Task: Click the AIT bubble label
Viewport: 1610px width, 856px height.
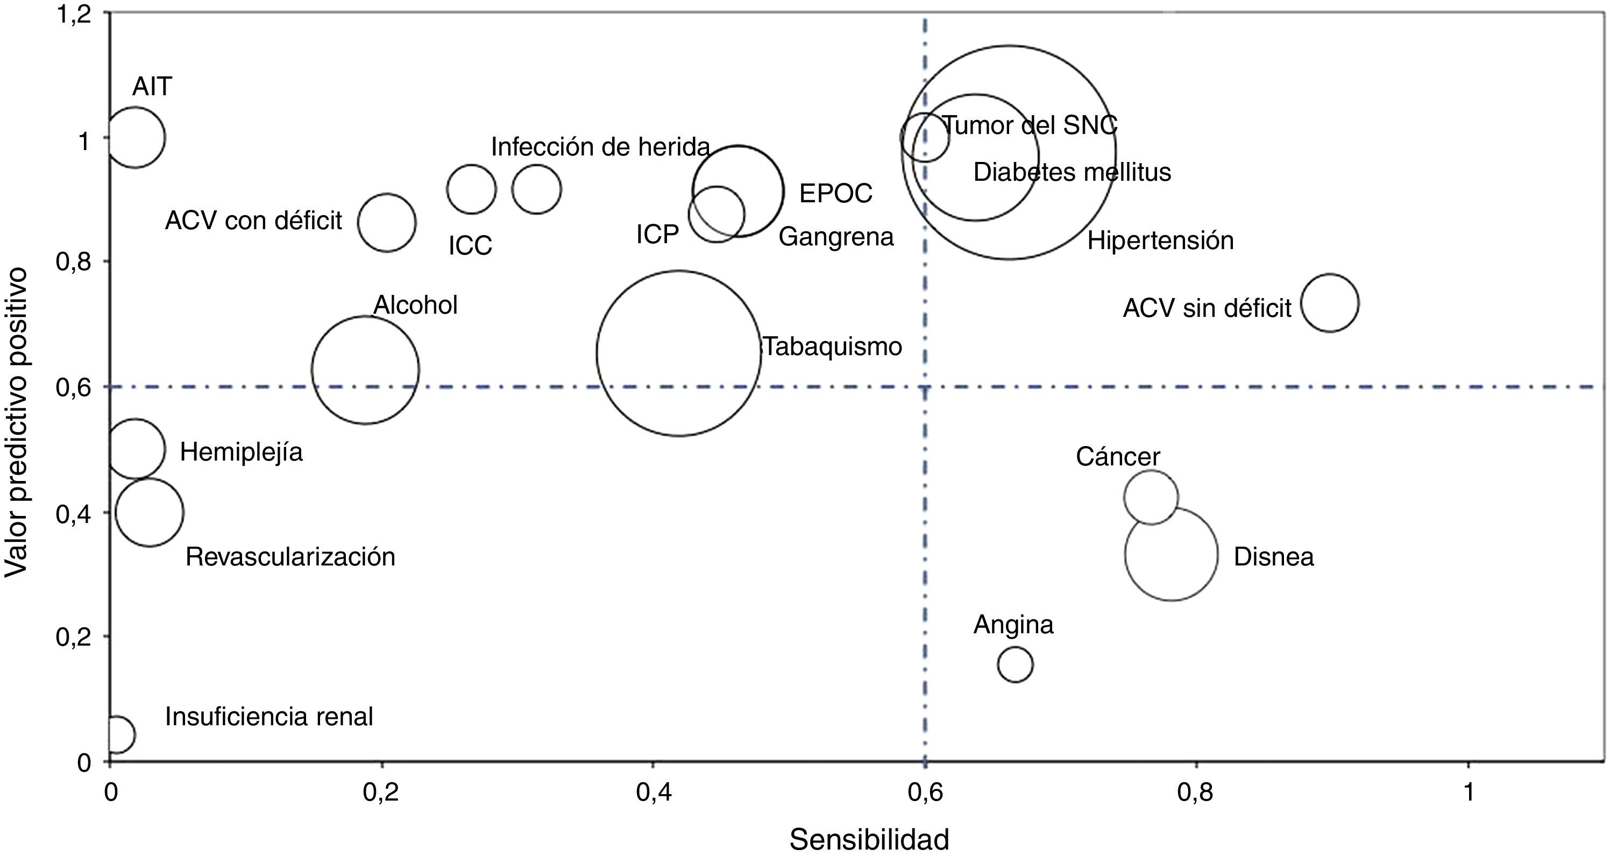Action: click(x=152, y=87)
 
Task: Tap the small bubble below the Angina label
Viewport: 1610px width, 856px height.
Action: click(x=1015, y=664)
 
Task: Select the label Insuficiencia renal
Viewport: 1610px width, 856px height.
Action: click(x=269, y=717)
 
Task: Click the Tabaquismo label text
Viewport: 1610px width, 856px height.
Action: click(x=833, y=346)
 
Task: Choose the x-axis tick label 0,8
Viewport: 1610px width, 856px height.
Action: click(x=1195, y=792)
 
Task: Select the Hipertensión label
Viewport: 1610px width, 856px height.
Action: click(x=1161, y=240)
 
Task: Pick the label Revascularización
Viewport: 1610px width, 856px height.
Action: click(x=290, y=556)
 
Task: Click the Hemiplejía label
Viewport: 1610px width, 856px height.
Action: click(x=241, y=451)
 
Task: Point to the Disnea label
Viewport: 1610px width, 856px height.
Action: click(x=1274, y=556)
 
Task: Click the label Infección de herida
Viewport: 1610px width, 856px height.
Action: click(x=600, y=147)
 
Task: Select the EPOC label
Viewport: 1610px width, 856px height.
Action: click(x=835, y=193)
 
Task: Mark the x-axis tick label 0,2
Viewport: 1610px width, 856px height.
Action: click(x=381, y=792)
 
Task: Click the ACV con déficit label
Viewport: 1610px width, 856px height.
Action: click(x=254, y=221)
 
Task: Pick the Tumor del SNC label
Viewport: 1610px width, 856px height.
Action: click(x=1030, y=126)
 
